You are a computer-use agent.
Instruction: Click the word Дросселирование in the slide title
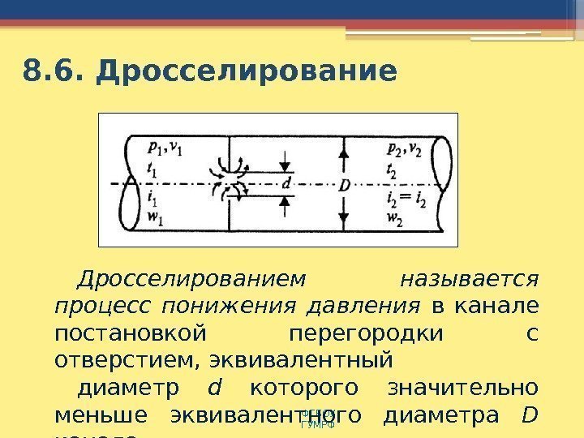pos(247,71)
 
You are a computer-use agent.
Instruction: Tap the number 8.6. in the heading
pos(54,71)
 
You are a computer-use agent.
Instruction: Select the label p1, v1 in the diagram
pos(166,148)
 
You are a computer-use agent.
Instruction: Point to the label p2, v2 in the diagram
pos(403,148)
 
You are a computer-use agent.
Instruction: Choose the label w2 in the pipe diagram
pos(397,217)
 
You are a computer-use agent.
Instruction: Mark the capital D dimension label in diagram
pos(344,184)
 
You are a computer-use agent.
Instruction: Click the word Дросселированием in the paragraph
pos(191,280)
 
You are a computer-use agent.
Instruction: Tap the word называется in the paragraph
pos(470,280)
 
